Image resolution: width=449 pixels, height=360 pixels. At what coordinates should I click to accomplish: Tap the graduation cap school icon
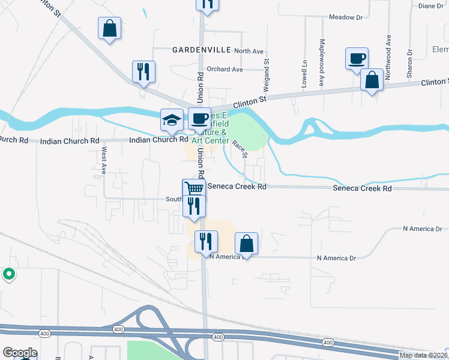172,119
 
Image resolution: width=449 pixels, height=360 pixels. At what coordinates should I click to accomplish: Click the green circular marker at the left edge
9,274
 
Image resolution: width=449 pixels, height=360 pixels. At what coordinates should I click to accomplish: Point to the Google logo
20,353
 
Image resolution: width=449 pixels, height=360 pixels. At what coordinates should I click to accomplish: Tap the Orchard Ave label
224,70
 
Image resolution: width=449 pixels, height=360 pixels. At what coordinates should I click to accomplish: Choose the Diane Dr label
430,6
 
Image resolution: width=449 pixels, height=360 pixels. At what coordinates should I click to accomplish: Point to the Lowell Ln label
304,71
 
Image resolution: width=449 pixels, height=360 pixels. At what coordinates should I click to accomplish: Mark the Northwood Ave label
388,50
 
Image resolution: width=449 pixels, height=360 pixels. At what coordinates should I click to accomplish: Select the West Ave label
104,160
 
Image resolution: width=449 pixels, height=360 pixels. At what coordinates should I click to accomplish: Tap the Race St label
240,148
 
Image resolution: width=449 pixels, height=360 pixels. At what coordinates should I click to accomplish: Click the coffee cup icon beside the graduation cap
199,118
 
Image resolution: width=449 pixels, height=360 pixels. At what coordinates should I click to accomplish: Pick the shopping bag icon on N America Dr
246,244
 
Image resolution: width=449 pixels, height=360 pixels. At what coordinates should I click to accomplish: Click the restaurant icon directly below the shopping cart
194,206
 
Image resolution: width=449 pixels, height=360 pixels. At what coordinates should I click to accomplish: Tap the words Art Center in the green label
210,140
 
